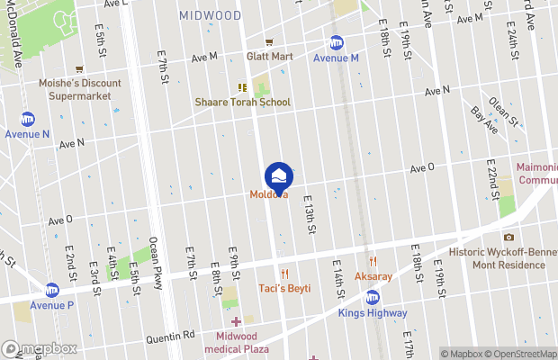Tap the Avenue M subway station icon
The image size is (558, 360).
click(337, 42)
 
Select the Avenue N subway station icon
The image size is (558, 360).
click(28, 119)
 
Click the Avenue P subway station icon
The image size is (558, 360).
click(52, 290)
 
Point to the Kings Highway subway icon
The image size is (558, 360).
click(373, 298)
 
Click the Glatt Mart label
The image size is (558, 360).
click(270, 56)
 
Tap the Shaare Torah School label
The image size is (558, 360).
click(243, 102)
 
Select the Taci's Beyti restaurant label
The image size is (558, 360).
click(284, 288)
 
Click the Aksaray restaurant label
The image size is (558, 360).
click(372, 275)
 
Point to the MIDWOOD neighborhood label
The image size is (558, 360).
click(210, 15)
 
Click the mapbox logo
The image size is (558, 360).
click(40, 348)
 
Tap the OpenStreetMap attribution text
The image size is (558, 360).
click(519, 354)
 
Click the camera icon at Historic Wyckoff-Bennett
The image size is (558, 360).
click(508, 237)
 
